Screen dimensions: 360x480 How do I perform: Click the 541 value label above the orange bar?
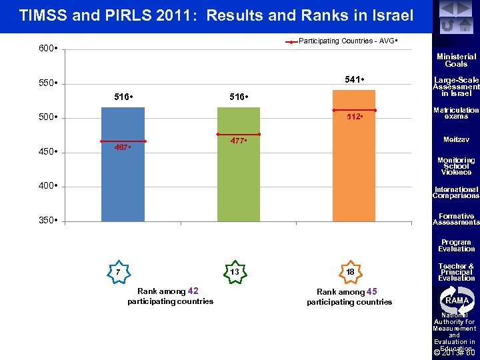354,80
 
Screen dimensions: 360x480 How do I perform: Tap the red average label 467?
122,147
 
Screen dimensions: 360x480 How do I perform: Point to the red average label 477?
239,141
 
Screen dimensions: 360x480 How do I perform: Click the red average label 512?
354,116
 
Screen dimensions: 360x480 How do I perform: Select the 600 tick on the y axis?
47,48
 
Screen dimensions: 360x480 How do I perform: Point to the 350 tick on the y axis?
47,221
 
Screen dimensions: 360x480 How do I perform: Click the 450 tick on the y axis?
47,152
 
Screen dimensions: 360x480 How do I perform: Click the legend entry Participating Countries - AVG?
347,41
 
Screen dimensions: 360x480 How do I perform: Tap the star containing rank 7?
117,272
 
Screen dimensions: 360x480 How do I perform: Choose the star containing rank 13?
234,272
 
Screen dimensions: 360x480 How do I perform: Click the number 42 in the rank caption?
193,291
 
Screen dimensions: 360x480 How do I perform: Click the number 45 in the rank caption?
372,291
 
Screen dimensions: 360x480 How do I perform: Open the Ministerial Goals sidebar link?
456,61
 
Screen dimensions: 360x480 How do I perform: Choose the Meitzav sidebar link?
456,139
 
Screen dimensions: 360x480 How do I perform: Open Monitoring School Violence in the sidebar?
456,166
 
